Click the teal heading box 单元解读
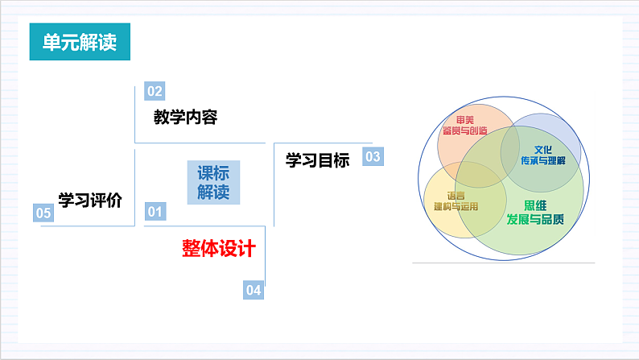pos(80,42)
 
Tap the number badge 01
pos(155,212)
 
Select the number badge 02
pos(155,91)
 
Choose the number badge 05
pos(43,213)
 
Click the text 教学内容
pos(186,118)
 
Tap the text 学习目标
pos(318,161)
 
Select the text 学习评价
pos(89,201)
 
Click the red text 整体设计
pos(218,249)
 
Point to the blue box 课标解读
pos(213,183)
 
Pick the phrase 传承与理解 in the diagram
pos(543,160)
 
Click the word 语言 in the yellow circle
pos(456,195)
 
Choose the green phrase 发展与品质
pos(534,219)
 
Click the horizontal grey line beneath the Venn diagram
pos(503,263)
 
